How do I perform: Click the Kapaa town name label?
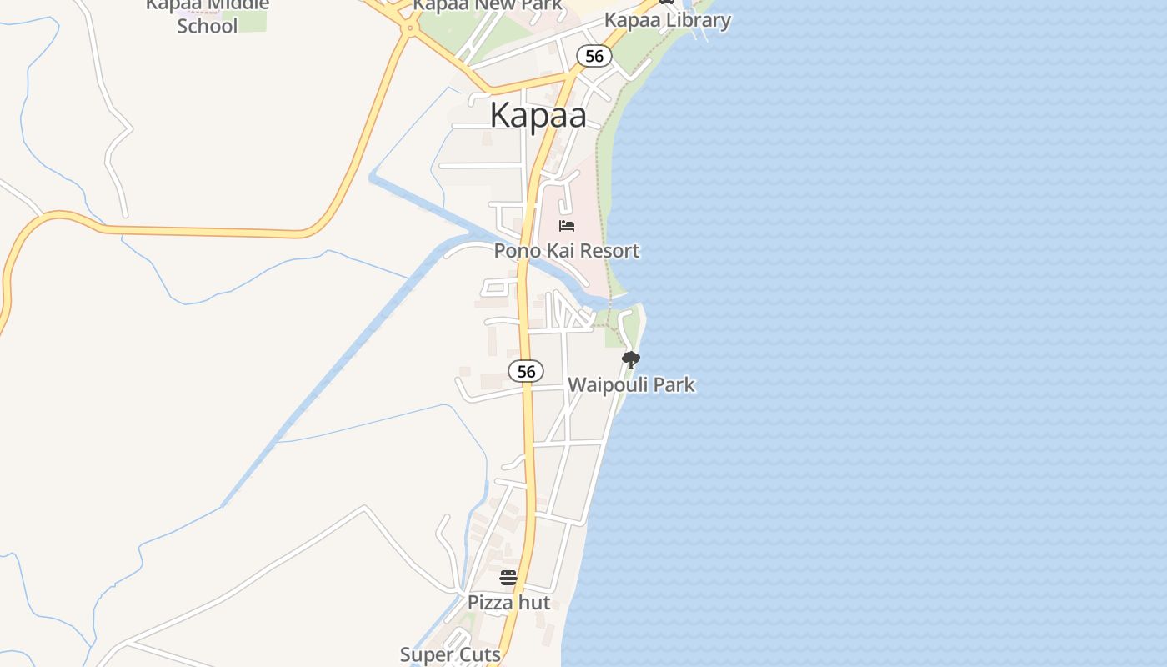tap(538, 115)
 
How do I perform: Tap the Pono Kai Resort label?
tap(567, 250)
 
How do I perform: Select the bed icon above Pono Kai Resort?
tap(567, 226)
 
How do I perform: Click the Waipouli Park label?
tap(631, 384)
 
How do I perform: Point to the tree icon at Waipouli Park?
tap(631, 360)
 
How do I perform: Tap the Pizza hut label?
tap(508, 602)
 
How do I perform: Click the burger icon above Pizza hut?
tap(508, 577)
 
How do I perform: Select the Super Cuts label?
tap(450, 654)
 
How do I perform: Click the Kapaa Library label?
tap(667, 19)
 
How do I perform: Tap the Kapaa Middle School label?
tap(208, 14)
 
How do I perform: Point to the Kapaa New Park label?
tap(488, 5)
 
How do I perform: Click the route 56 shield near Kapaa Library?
tap(594, 56)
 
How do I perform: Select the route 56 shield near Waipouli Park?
tap(526, 371)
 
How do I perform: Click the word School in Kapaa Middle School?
tap(208, 25)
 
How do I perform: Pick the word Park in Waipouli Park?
tap(674, 384)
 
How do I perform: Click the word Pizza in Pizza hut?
tap(489, 602)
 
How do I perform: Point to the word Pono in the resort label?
tap(514, 250)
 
